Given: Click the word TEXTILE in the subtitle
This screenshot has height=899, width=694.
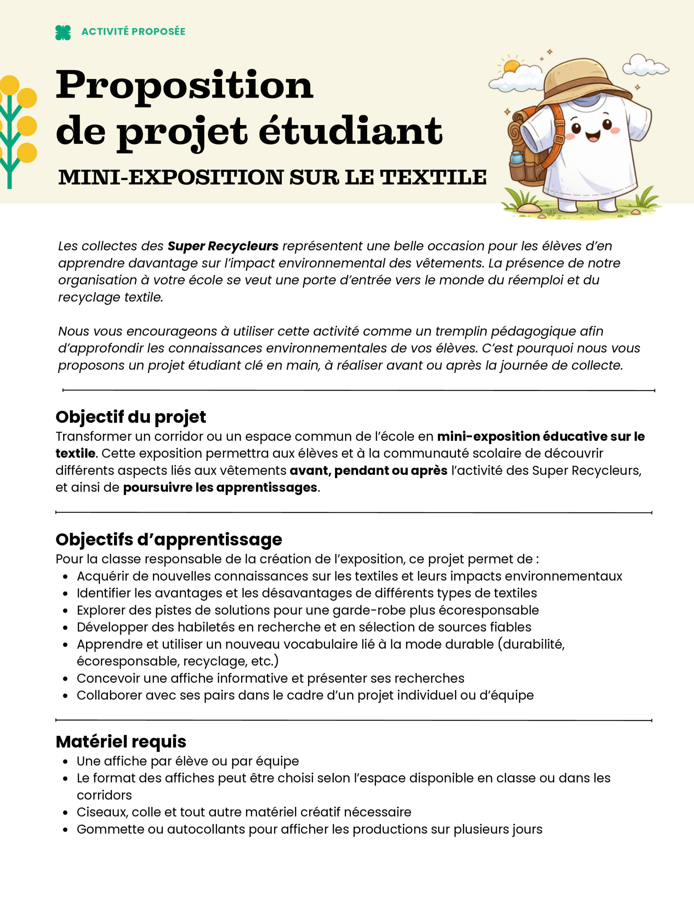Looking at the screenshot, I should [433, 177].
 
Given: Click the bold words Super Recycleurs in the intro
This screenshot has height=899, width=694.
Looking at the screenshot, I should [222, 246].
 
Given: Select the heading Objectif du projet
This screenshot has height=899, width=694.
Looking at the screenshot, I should [131, 417].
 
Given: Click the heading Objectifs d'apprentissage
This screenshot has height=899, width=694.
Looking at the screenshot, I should [169, 539].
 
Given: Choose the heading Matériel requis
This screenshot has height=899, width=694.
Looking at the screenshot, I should [121, 742].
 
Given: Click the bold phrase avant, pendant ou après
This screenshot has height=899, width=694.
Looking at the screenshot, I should [369, 471].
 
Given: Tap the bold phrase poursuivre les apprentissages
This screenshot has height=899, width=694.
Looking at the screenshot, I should [220, 487].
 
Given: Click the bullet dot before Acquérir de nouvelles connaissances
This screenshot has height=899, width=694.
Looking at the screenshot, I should [65, 577].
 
